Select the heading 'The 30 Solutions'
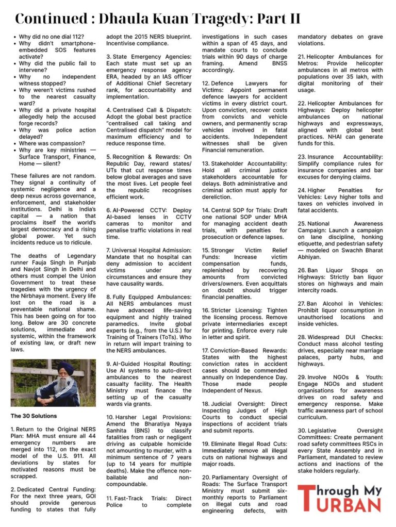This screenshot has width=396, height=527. (35, 416)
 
